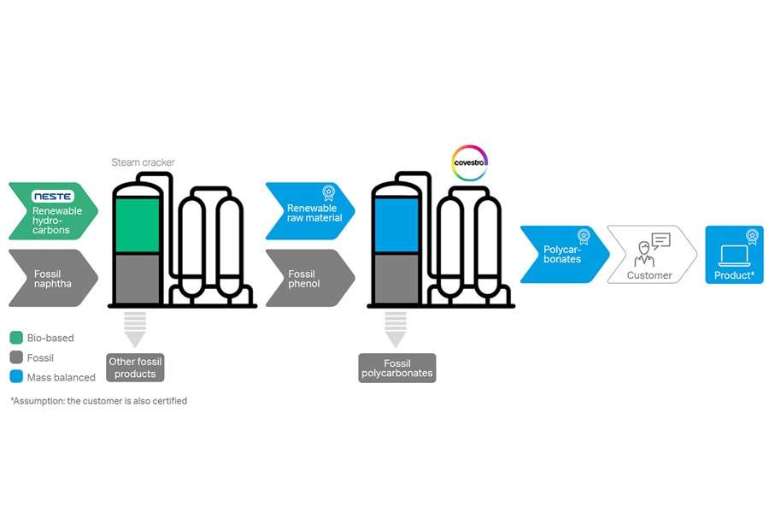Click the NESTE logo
53,196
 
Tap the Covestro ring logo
469,162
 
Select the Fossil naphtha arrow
51,278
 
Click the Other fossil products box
135,368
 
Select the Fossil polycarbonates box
397,369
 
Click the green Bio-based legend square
15,338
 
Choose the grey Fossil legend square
15,357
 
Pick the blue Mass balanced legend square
15,376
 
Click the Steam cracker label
143,162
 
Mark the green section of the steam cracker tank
137,225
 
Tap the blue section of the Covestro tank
396,225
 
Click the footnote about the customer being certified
98,400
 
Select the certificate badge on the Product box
752,237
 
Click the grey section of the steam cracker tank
137,277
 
